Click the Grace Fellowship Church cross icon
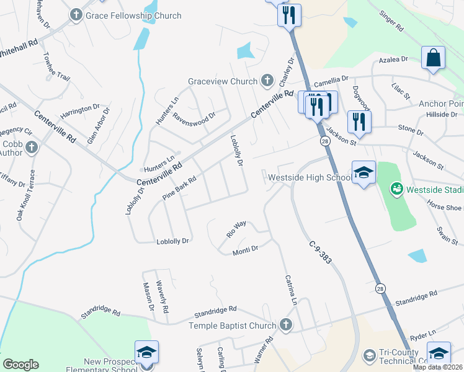point(76,14)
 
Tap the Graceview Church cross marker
point(267,80)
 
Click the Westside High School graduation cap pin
point(364,173)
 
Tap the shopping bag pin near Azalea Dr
point(433,58)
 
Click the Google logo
point(20,365)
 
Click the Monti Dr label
point(245,251)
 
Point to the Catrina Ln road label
point(291,290)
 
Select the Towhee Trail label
point(56,66)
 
